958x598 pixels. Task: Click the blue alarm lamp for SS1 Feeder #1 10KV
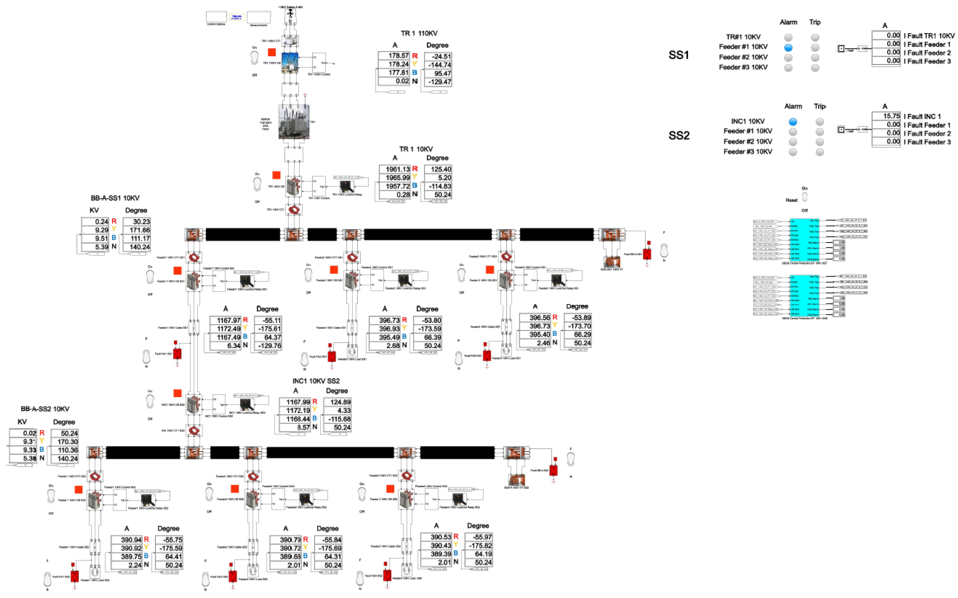(x=788, y=48)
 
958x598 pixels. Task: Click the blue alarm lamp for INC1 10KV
(x=793, y=121)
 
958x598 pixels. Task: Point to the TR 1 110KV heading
(x=419, y=34)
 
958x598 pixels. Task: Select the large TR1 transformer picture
(x=294, y=122)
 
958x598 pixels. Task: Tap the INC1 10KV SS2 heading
(x=316, y=381)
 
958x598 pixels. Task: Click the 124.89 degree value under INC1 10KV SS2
(x=337, y=402)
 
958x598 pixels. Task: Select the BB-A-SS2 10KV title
(x=45, y=409)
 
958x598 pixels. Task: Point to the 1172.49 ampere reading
(x=225, y=329)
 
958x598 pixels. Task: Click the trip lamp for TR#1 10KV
(x=815, y=37)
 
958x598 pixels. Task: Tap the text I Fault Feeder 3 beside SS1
(x=927, y=61)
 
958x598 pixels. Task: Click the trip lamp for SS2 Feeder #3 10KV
(x=820, y=152)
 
